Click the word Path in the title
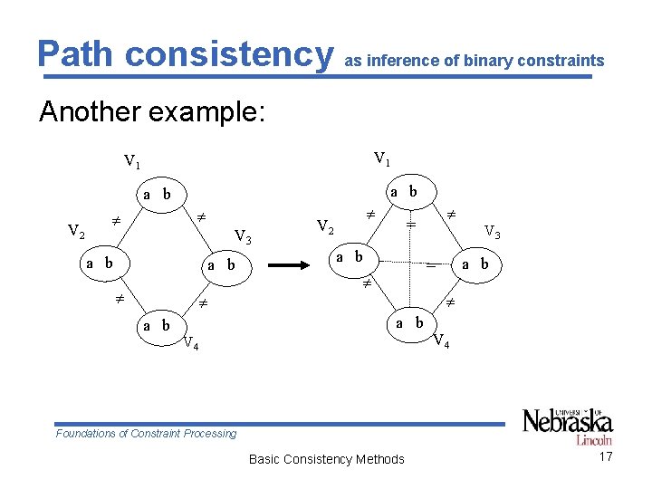(77, 53)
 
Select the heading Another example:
(151, 112)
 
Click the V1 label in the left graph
(132, 163)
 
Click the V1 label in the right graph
(382, 159)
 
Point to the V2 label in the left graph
(77, 231)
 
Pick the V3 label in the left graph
(243, 237)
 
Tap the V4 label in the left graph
(191, 343)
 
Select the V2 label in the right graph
(325, 225)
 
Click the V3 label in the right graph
(493, 232)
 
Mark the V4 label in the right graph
(441, 342)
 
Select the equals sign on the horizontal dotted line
(431, 266)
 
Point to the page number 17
(606, 456)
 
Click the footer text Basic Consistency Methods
(326, 459)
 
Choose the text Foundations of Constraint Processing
(146, 434)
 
